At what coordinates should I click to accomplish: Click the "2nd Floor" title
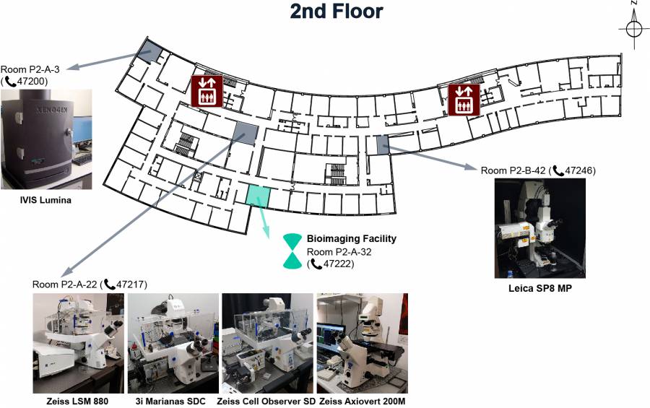[336, 12]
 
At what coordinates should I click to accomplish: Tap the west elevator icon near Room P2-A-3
[207, 91]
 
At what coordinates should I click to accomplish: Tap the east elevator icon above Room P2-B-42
[464, 100]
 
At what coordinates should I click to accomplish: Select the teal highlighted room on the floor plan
[259, 195]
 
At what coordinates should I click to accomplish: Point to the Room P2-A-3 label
[30, 69]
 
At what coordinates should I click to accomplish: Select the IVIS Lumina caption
[45, 200]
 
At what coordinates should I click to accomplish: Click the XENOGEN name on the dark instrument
[51, 110]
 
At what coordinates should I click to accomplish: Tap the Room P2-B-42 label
[513, 170]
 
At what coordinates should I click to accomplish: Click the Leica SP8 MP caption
[539, 288]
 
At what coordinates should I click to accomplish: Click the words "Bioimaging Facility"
[352, 239]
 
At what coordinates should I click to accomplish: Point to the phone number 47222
[337, 264]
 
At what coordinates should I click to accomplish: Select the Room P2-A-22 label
[64, 285]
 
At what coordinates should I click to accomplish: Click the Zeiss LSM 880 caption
[77, 402]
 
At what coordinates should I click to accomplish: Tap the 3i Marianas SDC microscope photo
[173, 343]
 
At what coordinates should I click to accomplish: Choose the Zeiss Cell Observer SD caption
[266, 402]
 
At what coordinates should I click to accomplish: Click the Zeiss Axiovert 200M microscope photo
[363, 343]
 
